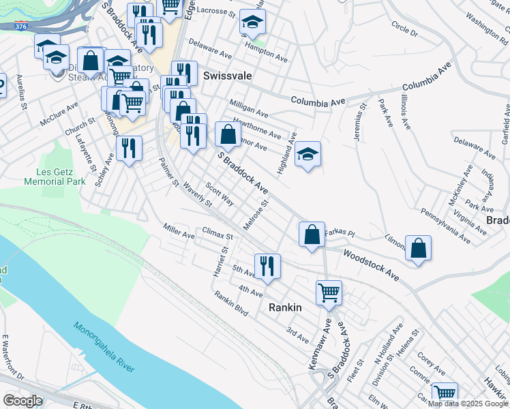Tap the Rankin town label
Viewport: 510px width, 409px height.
pos(285,307)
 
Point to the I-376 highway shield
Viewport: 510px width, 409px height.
pos(20,27)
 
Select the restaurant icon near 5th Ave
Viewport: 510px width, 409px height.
pos(267,265)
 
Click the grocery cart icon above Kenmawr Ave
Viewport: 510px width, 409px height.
pos(329,292)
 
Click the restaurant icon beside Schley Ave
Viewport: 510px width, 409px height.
pos(129,148)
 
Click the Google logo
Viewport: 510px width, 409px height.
pos(23,400)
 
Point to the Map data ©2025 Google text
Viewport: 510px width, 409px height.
pos(467,404)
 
